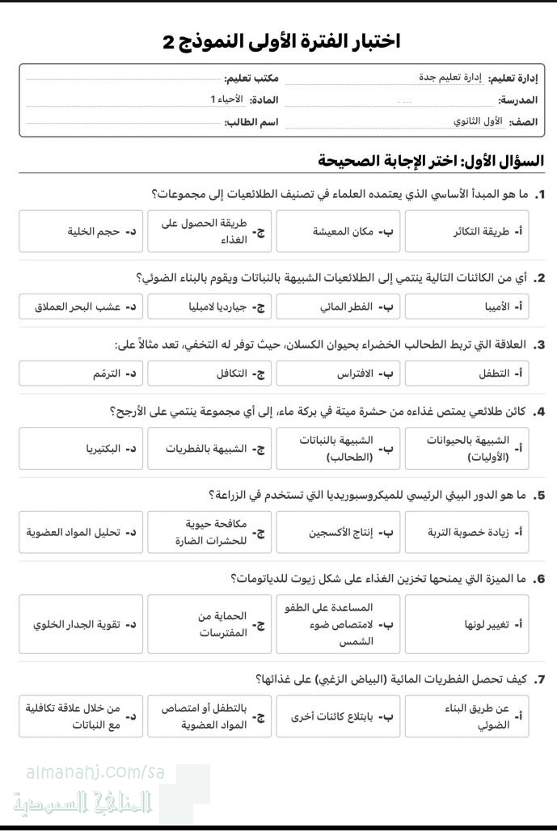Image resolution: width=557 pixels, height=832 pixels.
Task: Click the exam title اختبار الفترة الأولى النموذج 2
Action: point(281,41)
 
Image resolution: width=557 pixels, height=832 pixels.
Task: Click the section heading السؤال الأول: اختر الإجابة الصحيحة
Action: point(431,160)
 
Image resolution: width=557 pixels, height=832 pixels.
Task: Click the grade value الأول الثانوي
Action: point(478,121)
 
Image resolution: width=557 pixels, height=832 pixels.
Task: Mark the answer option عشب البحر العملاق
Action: point(81,307)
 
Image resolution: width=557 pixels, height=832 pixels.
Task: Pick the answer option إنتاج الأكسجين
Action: point(338,533)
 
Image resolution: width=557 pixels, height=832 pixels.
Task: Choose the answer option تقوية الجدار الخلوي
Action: point(81,624)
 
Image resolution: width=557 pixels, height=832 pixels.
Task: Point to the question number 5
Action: point(540,495)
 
